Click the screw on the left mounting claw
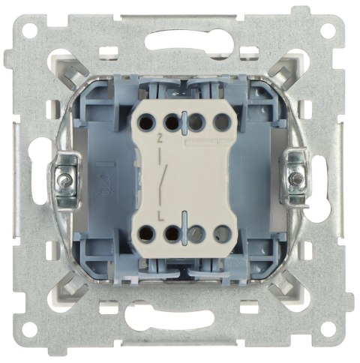tap(65, 181)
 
